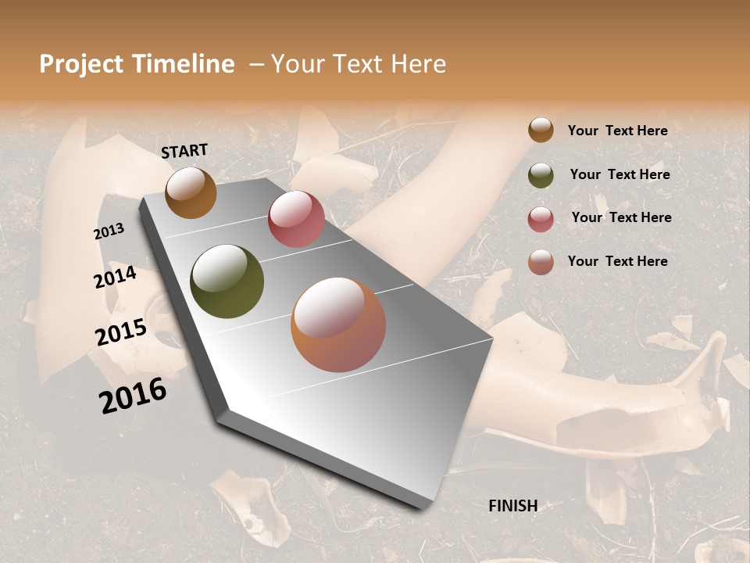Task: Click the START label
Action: [x=184, y=151]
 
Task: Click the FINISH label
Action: [x=512, y=506]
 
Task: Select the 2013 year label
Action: [x=109, y=231]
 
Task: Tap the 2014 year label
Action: [x=116, y=277]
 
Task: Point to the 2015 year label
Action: [x=121, y=332]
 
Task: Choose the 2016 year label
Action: [x=133, y=396]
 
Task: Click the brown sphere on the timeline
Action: [x=191, y=192]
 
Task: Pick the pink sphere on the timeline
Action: [x=296, y=219]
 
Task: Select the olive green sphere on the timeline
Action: [x=227, y=281]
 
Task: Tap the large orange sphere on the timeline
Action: [x=338, y=325]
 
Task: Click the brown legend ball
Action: [x=541, y=130]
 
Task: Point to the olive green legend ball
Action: [x=541, y=175]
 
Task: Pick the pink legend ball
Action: [x=541, y=218]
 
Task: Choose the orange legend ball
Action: [x=541, y=262]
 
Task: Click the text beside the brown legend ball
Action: [x=617, y=131]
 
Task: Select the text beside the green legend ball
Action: [x=620, y=174]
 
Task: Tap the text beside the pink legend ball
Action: [x=621, y=217]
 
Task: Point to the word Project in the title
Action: [x=80, y=64]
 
